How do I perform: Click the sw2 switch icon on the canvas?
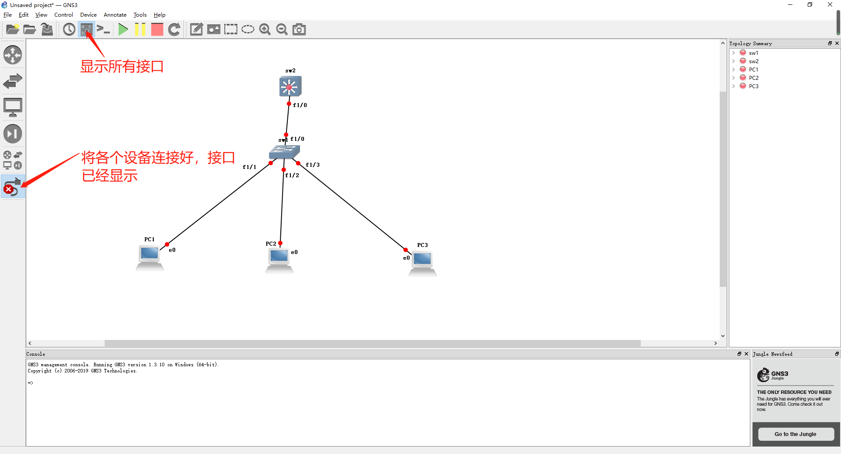point(290,86)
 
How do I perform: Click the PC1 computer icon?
point(150,258)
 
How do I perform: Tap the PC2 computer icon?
point(279,261)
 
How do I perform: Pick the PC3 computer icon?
point(423,263)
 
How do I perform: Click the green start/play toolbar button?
point(123,29)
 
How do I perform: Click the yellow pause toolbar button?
point(140,29)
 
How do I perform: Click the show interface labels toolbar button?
point(86,29)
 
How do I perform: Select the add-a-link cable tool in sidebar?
point(13,186)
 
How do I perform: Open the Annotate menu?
point(115,15)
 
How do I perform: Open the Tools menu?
point(140,15)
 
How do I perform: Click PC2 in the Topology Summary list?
point(753,78)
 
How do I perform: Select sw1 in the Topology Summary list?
point(753,53)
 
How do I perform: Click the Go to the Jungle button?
point(795,434)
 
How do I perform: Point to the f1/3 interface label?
point(313,165)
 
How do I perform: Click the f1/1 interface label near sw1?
point(250,167)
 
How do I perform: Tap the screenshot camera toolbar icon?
point(299,29)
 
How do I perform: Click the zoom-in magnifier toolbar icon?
point(265,29)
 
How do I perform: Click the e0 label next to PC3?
point(406,258)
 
